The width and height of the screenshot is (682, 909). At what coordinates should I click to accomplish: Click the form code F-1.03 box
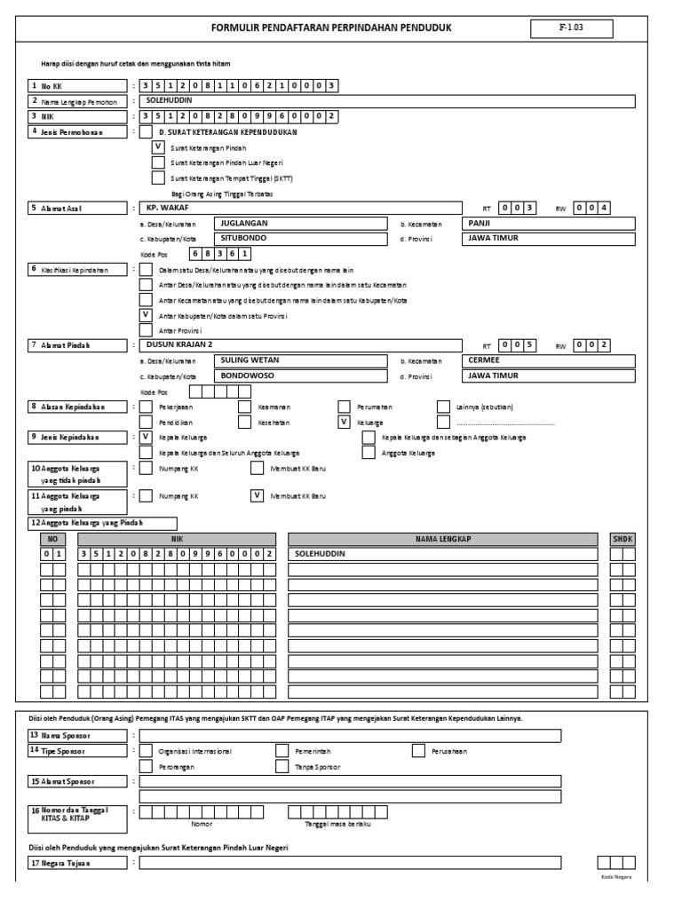click(x=571, y=28)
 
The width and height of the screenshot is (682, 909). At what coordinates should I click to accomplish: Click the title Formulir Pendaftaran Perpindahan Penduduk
click(x=331, y=28)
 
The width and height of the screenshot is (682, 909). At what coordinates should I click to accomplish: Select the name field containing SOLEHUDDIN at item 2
click(x=387, y=101)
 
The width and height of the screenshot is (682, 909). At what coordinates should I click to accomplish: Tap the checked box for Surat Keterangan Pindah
click(x=158, y=147)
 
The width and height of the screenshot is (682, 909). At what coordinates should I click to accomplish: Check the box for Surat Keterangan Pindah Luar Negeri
click(x=158, y=162)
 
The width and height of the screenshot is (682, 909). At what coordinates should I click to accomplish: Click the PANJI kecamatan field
click(x=549, y=224)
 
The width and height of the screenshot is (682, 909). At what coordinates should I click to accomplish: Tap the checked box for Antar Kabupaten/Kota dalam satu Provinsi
click(x=146, y=314)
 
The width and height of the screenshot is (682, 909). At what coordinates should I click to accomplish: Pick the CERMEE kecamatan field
click(x=549, y=360)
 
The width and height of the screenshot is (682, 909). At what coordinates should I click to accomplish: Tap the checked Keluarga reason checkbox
click(x=345, y=422)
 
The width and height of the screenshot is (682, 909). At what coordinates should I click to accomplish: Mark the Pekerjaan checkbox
click(x=146, y=407)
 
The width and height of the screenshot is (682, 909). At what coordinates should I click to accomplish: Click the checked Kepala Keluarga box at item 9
click(x=146, y=437)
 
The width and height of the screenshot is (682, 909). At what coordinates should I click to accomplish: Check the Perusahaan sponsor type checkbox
click(x=418, y=751)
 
